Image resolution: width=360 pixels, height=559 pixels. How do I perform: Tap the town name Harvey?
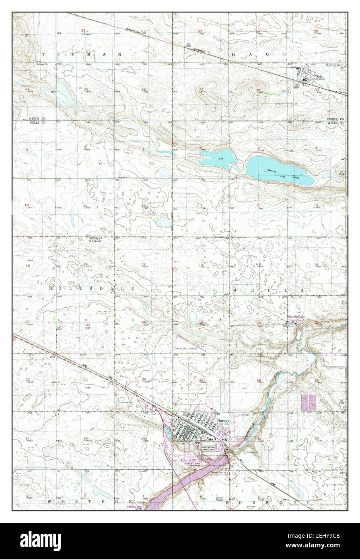223,420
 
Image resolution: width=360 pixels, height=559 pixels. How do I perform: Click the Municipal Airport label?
186,348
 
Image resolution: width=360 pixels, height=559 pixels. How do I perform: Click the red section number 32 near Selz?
258,90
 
